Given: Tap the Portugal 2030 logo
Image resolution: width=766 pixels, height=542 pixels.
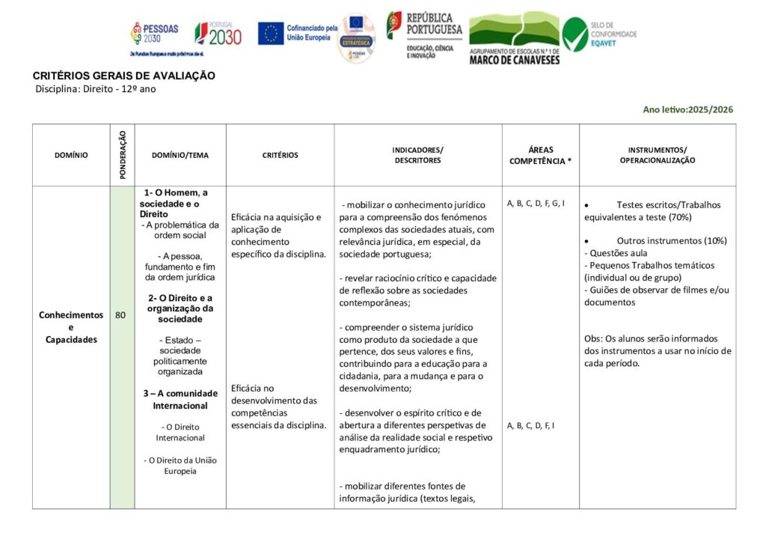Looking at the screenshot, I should tap(218, 34).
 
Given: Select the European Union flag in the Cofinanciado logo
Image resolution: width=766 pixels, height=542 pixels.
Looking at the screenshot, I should tap(270, 33).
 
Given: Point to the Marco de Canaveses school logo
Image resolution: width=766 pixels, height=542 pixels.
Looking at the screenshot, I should tap(514, 39).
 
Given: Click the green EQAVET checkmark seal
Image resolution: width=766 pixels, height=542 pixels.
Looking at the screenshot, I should tap(574, 34).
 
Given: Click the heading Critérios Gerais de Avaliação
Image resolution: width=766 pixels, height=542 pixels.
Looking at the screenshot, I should tap(123, 76).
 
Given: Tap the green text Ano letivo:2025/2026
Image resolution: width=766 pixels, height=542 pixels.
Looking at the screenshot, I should tap(687, 109).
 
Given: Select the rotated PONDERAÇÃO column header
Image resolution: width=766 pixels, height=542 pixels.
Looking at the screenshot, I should tap(122, 155).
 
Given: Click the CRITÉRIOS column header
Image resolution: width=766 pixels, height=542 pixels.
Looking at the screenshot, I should tap(280, 156).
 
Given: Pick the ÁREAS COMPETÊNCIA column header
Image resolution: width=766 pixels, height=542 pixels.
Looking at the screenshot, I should tap(540, 155).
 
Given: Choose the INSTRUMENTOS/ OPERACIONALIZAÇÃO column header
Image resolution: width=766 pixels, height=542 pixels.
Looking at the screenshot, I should tap(657, 155).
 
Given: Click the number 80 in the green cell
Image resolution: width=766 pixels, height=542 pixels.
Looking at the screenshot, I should tap(120, 315).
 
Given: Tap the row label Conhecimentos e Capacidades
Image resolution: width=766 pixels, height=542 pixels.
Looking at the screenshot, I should tap(71, 327).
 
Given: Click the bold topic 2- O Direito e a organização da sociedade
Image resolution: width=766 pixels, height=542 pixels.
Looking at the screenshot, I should tap(180, 308).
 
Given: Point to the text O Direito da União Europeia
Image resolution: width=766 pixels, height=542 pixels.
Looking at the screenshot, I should tap(180, 465).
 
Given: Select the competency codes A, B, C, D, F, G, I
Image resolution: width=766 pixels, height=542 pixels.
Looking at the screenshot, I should tap(536, 203).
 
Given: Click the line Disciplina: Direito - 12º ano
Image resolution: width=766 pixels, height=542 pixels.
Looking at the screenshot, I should tap(96, 88).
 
